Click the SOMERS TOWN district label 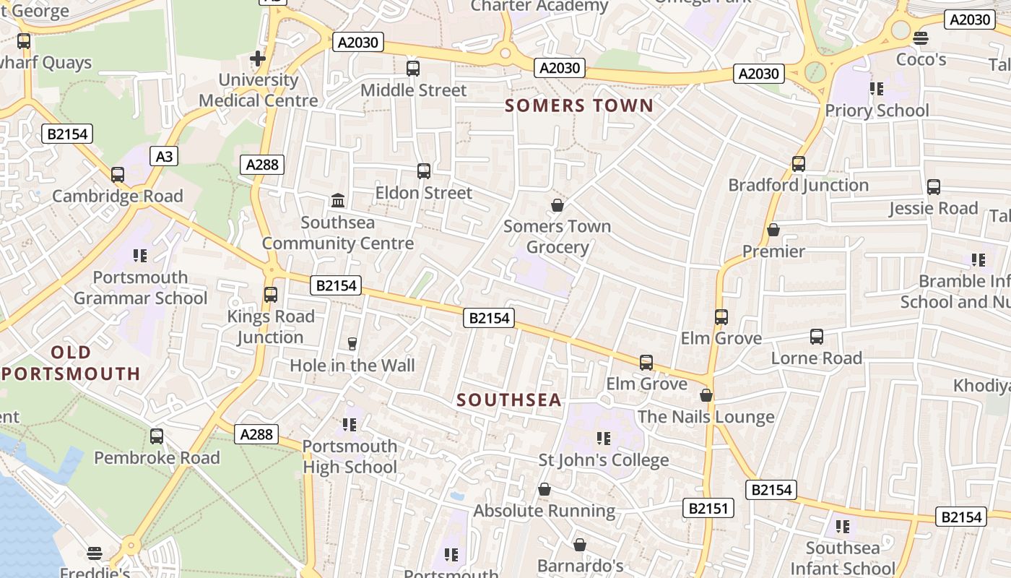point(579,106)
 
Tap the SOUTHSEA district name point(509,400)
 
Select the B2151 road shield point(708,509)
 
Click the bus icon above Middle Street point(413,69)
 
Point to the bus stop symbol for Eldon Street point(424,171)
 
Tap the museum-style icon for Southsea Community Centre point(338,200)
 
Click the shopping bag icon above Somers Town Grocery point(557,205)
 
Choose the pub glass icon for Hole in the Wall point(352,343)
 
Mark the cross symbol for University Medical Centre point(258,58)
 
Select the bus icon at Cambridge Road point(118,174)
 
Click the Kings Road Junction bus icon point(271,295)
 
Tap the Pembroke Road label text point(157,458)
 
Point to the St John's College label point(604,460)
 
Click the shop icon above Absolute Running point(544,489)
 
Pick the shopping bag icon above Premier point(773,230)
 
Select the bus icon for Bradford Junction point(799,164)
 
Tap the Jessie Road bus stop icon point(934,187)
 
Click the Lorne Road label point(817,358)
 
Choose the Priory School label point(877,111)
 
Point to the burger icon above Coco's point(921,38)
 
